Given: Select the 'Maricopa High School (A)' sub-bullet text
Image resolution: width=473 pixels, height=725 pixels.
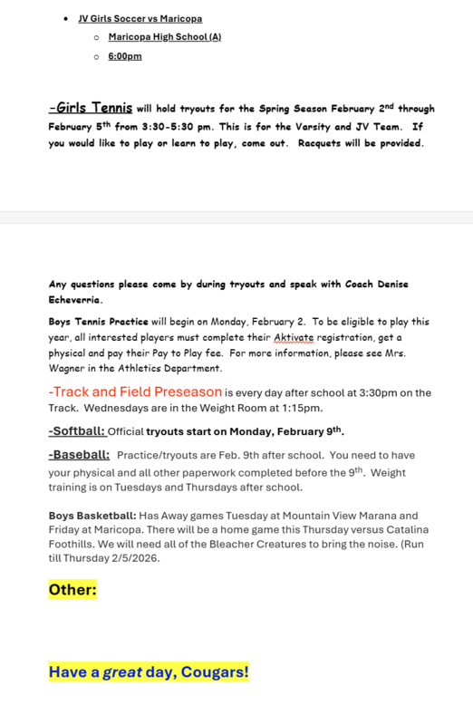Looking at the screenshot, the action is point(164,37).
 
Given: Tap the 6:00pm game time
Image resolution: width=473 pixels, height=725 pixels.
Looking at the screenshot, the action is point(125,56).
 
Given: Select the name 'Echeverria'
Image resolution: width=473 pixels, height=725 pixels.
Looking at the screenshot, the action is point(75,299).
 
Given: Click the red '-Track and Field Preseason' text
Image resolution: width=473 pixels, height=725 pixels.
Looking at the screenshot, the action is point(135,391).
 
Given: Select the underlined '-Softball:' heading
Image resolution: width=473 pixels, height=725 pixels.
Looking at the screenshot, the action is point(76,430).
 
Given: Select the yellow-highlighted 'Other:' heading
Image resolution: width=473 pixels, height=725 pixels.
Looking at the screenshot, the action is point(72,590).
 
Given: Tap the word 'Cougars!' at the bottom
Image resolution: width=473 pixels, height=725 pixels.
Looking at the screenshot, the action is point(214,672).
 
